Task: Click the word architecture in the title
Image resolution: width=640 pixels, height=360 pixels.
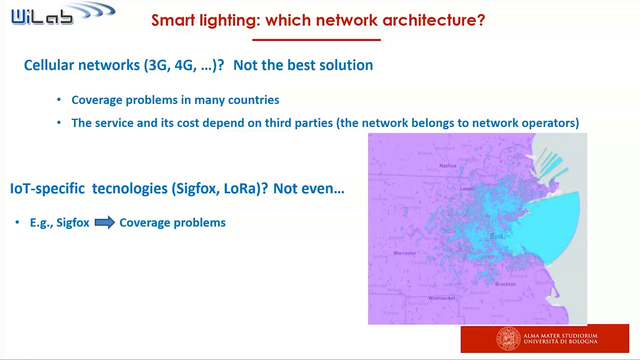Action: pyautogui.click(x=433, y=20)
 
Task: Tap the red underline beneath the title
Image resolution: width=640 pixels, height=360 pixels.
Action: pyautogui.click(x=316, y=39)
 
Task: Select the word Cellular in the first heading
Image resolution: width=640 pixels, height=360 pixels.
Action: pyautogui.click(x=48, y=65)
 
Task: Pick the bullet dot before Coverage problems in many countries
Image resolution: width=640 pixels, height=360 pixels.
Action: pyautogui.click(x=59, y=100)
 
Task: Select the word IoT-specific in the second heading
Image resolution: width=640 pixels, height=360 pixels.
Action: pyautogui.click(x=47, y=188)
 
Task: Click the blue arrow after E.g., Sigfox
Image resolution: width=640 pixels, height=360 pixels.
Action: pyautogui.click(x=104, y=222)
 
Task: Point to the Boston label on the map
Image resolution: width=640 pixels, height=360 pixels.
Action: pyautogui.click(x=500, y=236)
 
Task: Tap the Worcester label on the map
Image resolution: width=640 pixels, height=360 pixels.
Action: pyautogui.click(x=404, y=253)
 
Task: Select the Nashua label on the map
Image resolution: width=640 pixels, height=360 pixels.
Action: pyautogui.click(x=447, y=165)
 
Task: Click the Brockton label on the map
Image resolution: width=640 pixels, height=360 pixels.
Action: pyautogui.click(x=505, y=284)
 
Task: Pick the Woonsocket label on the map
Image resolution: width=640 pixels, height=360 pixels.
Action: pyautogui.click(x=441, y=298)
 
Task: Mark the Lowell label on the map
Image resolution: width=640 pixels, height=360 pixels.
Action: pyautogui.click(x=467, y=188)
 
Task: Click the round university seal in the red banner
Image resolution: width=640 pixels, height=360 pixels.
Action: pyautogui.click(x=508, y=338)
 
